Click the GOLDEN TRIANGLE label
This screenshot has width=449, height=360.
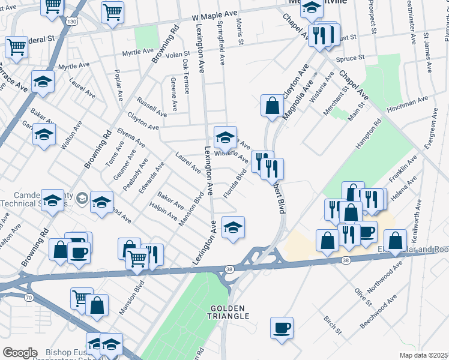click(x=229, y=311)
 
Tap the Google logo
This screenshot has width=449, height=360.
click(x=20, y=353)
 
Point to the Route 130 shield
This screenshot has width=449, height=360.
click(x=72, y=22)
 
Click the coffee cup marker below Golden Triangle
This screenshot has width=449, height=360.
click(x=282, y=329)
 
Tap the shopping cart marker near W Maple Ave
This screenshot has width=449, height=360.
click(x=112, y=13)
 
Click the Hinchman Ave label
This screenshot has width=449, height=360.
click(x=409, y=101)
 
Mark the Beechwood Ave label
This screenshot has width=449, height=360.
click(x=378, y=311)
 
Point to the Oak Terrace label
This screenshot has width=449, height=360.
click(x=185, y=76)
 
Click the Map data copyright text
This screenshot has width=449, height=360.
click(x=423, y=355)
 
